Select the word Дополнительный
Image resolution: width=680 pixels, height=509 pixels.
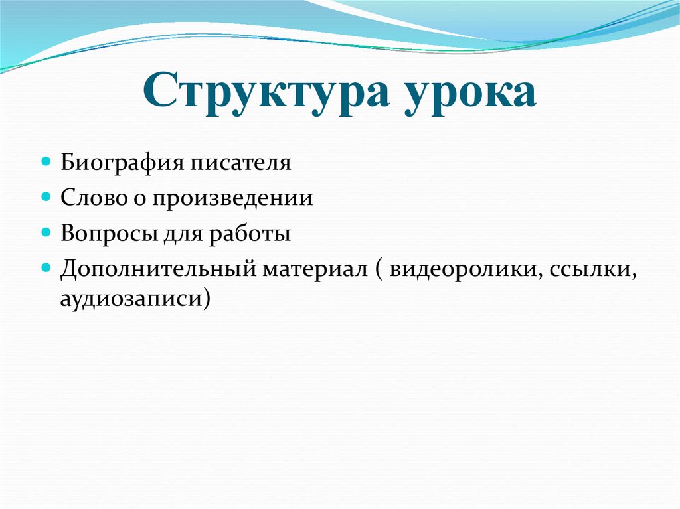(156, 270)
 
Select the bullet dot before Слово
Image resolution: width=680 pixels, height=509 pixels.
(46, 198)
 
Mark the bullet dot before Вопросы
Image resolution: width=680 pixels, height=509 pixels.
(46, 234)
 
